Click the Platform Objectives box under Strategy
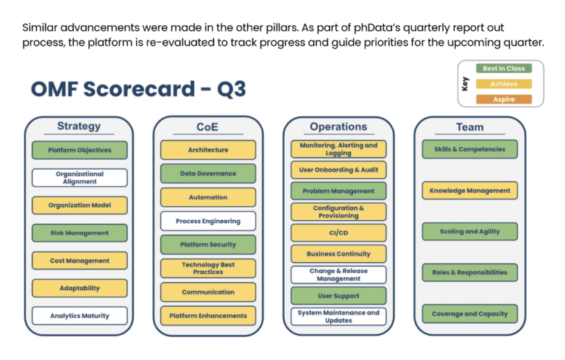pos(79,150)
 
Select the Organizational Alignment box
pos(79,178)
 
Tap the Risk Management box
pos(79,233)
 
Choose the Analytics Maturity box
pos(79,316)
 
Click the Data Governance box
pos(208,174)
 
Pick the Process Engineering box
pos(208,222)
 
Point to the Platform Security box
pos(208,245)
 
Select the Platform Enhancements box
pos(208,316)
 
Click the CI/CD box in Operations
pos(338,233)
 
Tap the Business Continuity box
pos(338,254)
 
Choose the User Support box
pos(338,296)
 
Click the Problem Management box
pos(338,191)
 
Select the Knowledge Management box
pos(469,191)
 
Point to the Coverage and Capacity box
pos(469,314)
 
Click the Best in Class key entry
pos(504,68)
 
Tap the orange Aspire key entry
pos(504,99)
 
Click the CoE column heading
pos(207,127)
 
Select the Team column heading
pos(469,127)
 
